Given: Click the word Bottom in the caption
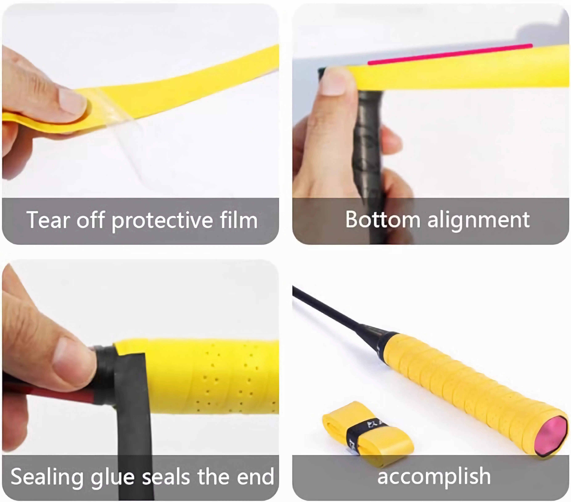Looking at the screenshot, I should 382,220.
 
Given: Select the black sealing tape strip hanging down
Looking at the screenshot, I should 134,413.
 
